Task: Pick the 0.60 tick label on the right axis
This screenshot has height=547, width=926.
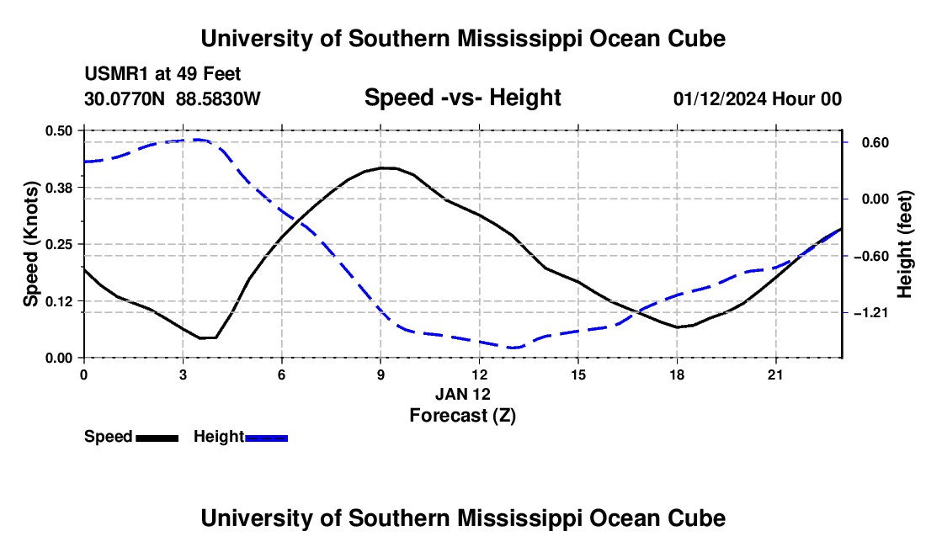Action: click(875, 143)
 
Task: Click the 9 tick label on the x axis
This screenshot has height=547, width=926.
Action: click(381, 374)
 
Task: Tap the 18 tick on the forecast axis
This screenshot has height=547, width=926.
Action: click(677, 374)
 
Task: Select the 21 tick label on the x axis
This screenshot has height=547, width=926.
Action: click(775, 374)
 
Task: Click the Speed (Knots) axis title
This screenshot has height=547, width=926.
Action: click(30, 244)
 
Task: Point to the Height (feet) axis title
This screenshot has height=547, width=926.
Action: click(905, 244)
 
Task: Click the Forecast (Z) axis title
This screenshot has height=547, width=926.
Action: click(463, 416)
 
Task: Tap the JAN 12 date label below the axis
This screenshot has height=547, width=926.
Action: click(463, 394)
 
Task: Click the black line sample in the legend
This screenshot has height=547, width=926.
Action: click(157, 438)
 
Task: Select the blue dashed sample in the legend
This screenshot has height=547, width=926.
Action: click(266, 438)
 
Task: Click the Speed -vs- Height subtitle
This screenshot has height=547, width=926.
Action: click(463, 98)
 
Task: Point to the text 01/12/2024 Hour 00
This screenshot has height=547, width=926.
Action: click(758, 98)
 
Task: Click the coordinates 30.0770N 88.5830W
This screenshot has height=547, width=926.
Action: click(173, 98)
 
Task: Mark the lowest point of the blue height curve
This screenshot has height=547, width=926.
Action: click(513, 348)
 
